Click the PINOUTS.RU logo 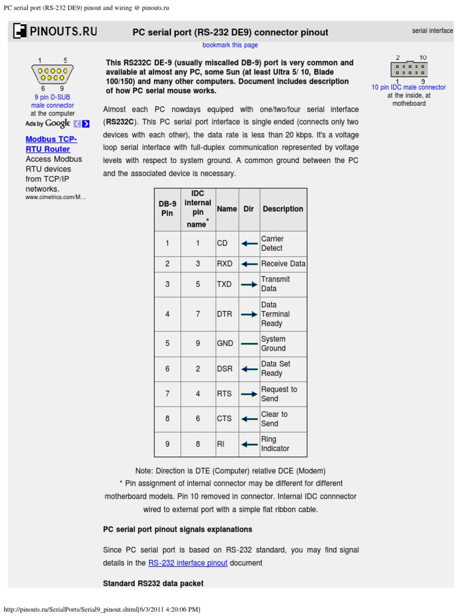[55, 31]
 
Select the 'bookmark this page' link [230, 45]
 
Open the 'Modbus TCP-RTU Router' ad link [51, 144]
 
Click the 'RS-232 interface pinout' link [188, 563]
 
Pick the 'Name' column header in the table [227, 209]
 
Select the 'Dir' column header [248, 209]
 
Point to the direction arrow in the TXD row [249, 285]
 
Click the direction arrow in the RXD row [249, 264]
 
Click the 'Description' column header [283, 209]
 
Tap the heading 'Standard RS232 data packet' [153, 584]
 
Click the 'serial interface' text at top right [432, 31]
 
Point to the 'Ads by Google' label [48, 123]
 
